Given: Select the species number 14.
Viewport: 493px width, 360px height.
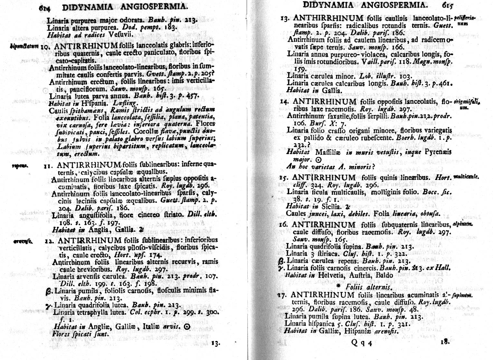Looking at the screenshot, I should [x=284, y=102].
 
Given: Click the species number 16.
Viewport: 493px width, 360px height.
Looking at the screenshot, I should [x=284, y=224].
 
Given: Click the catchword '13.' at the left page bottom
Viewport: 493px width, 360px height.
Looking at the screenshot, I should [x=215, y=343].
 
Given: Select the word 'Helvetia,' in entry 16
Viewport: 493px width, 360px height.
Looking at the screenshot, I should [x=331, y=275].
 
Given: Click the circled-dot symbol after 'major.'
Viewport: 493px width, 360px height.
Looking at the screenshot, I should [x=318, y=160].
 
